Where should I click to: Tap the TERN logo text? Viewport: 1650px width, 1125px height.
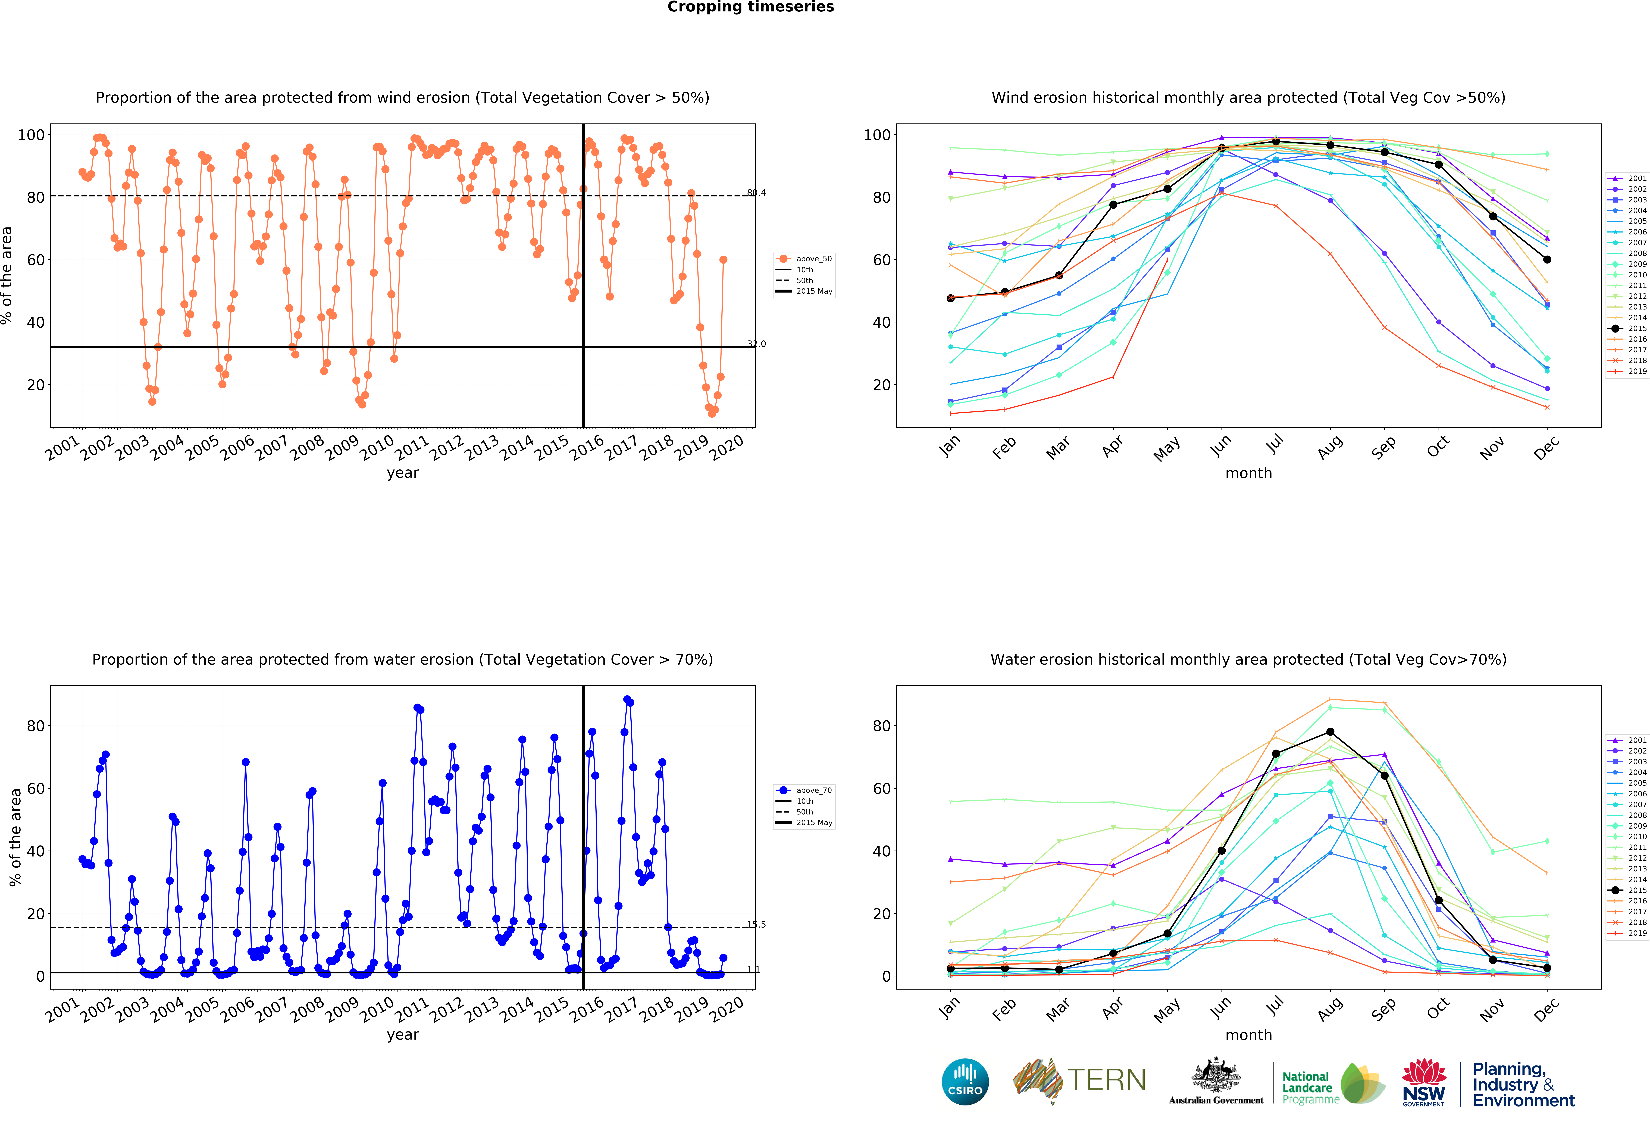1107,1080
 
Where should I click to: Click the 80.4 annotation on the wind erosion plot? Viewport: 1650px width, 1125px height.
756,193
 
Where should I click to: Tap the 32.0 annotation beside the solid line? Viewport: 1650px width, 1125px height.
756,344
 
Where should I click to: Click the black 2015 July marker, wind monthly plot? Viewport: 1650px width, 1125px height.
1276,142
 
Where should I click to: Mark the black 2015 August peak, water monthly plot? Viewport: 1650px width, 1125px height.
1330,732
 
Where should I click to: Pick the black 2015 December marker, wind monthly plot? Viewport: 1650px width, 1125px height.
1547,259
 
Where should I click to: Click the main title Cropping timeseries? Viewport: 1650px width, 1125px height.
750,7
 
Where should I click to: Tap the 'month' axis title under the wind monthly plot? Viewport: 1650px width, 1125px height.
1248,473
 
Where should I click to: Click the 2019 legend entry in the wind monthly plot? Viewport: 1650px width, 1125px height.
1627,371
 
